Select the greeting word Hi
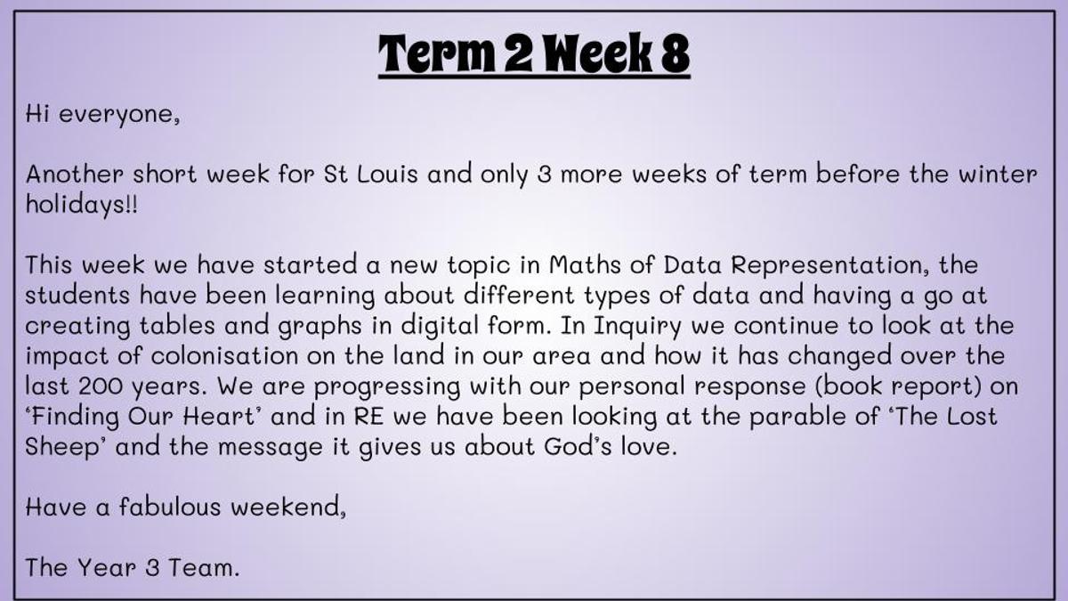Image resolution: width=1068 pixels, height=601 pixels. pyautogui.click(x=37, y=114)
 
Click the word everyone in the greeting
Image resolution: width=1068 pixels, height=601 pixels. pyautogui.click(x=119, y=116)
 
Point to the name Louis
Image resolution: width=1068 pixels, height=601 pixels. pyautogui.click(x=387, y=174)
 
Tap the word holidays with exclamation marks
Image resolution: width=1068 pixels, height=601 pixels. pyautogui.click(x=82, y=205)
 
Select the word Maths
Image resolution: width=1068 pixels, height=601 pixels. pyautogui.click(x=585, y=264)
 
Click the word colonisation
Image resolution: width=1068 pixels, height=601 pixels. pyautogui.click(x=224, y=356)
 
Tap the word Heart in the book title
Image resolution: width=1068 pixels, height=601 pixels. pyautogui.click(x=219, y=417)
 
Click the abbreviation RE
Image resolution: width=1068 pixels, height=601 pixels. pyautogui.click(x=368, y=417)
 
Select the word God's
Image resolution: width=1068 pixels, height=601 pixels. pyautogui.click(x=578, y=446)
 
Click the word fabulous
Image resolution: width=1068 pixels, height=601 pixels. pyautogui.click(x=170, y=507)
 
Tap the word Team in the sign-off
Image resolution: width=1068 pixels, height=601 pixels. pyautogui.click(x=204, y=568)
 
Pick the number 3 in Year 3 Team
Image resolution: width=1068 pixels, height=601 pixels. pyautogui.click(x=152, y=568)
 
